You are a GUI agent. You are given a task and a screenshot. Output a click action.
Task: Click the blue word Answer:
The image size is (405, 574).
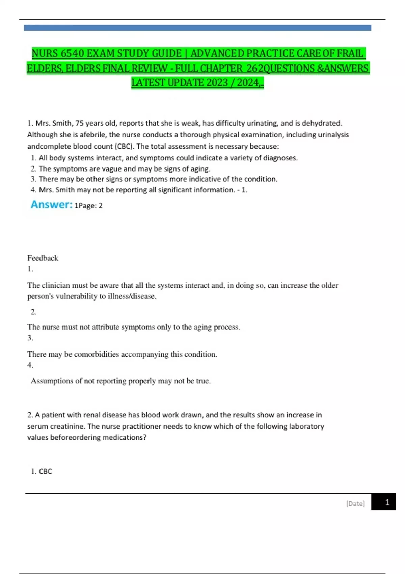[52, 204]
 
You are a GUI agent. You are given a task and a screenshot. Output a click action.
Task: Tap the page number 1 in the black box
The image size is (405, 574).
[387, 502]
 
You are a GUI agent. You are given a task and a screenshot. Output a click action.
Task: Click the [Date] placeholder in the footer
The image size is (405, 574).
[355, 503]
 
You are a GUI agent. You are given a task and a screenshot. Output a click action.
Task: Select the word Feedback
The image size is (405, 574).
[43, 258]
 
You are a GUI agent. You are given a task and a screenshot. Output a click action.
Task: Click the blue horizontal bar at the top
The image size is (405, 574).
[197, 28]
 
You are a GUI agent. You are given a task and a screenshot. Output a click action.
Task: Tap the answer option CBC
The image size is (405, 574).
[45, 471]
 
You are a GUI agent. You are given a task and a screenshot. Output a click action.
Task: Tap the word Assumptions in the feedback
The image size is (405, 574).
[52, 381]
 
